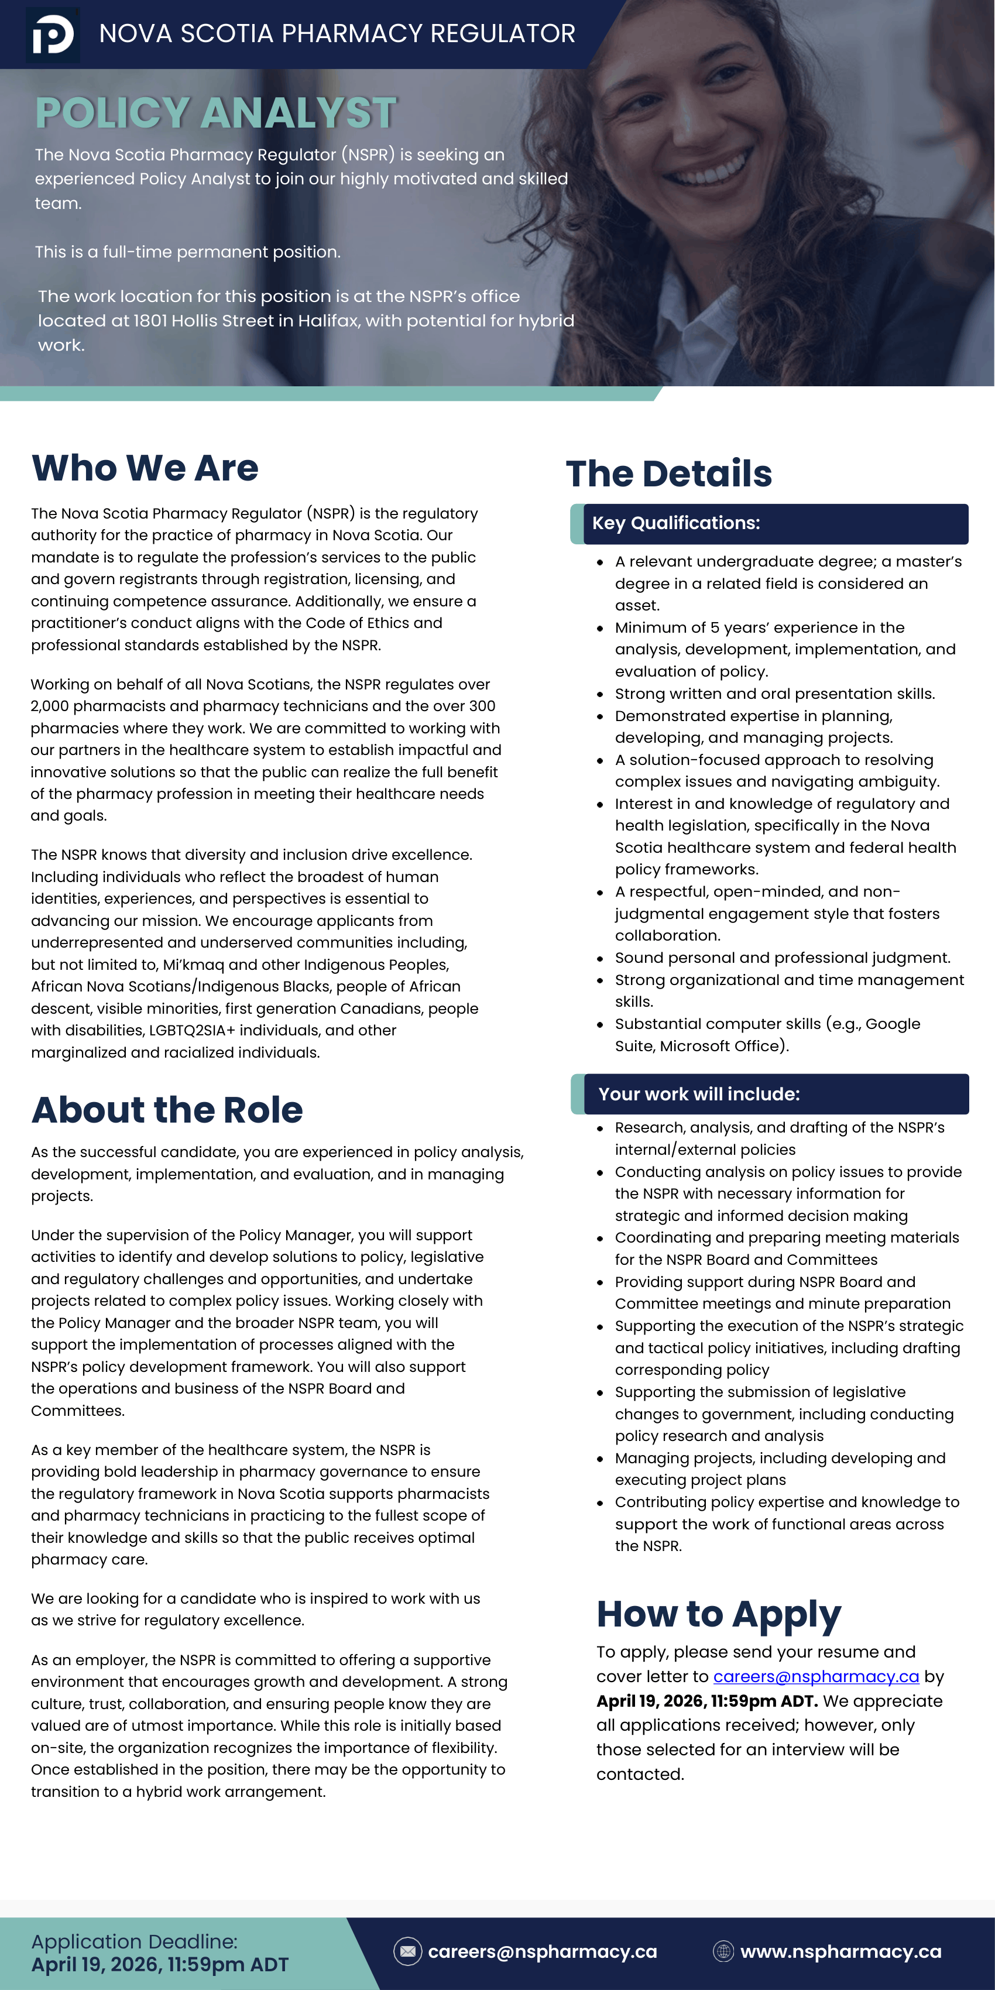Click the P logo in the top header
(53, 35)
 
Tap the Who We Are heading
(145, 468)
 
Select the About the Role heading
(167, 1110)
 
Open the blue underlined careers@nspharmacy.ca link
(816, 1677)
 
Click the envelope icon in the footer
(408, 1951)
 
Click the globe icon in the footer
(723, 1951)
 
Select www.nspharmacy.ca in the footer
(840, 1951)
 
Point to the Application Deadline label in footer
(135, 1941)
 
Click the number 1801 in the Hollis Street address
(150, 321)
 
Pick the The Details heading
(669, 474)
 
